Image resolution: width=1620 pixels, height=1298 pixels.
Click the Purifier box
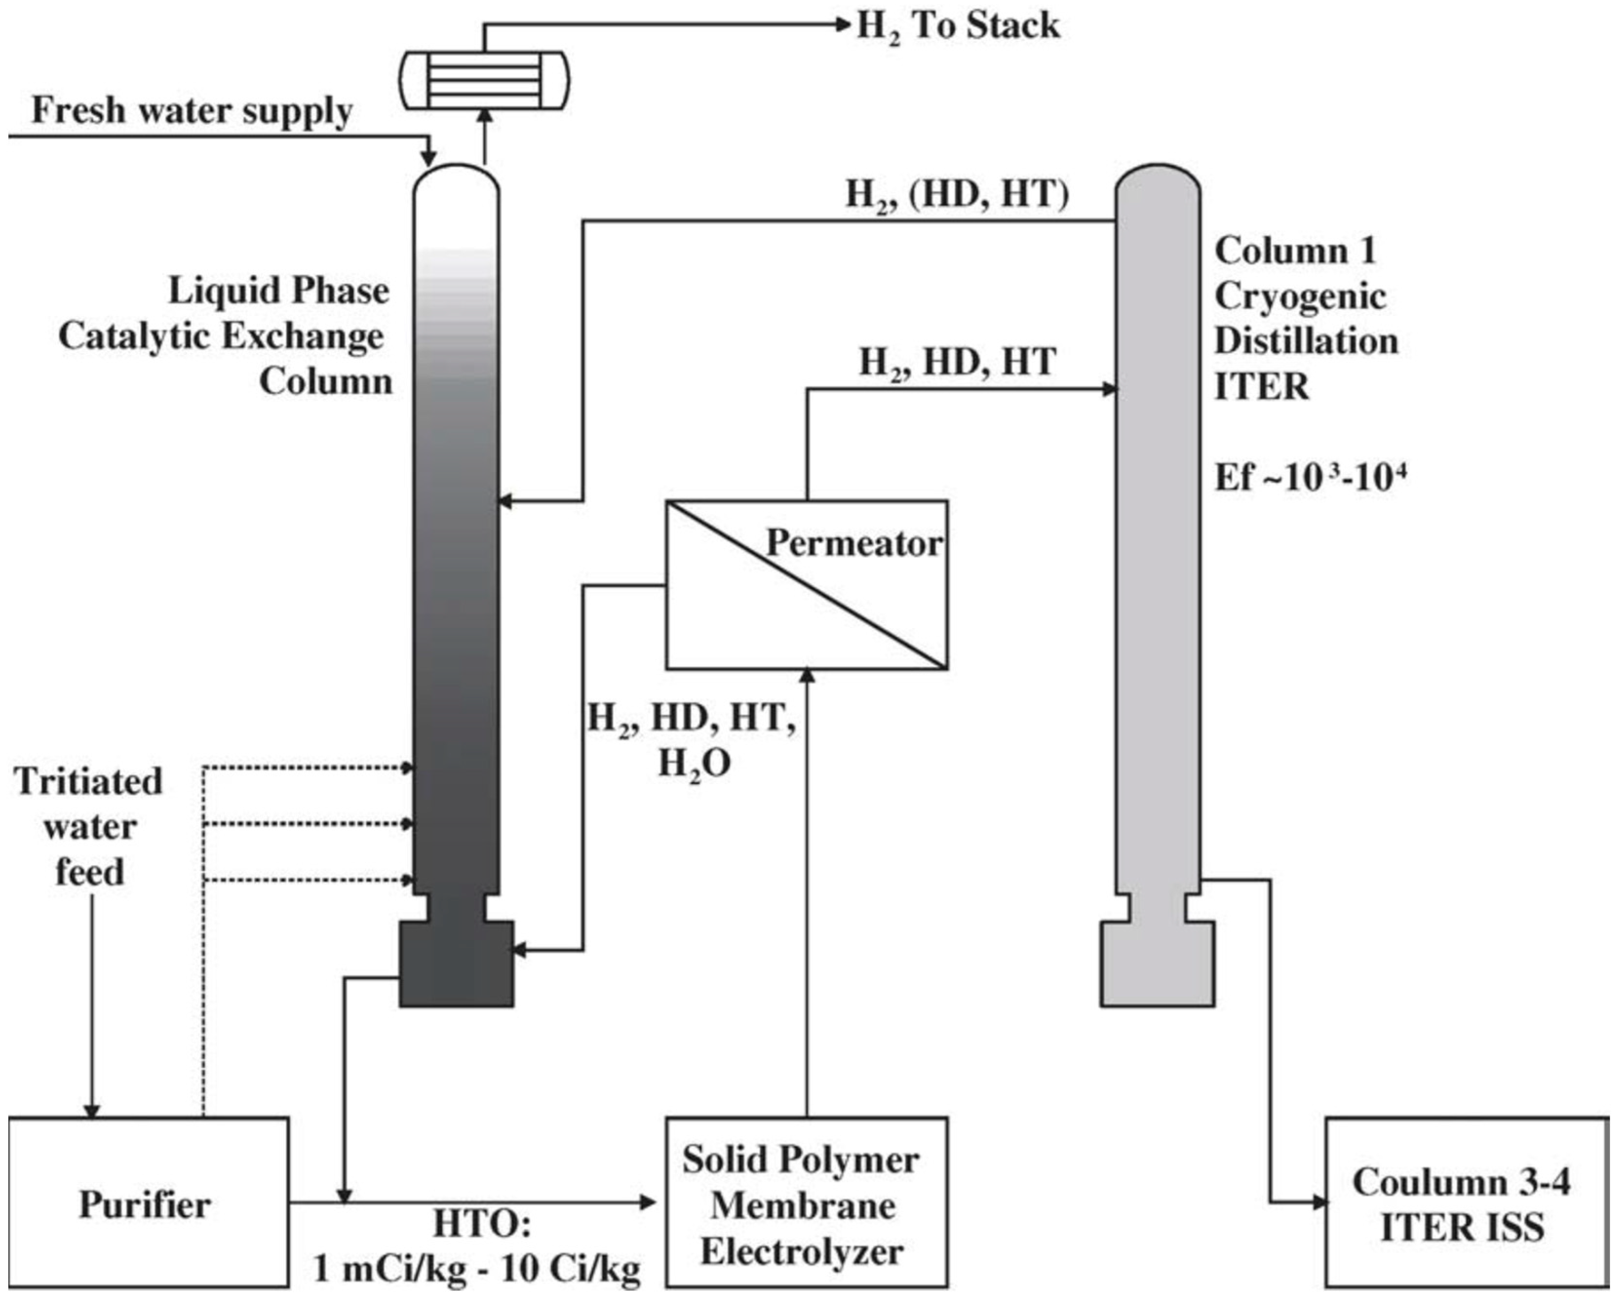pos(148,1202)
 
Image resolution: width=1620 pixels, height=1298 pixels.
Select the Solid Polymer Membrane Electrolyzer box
pos(806,1202)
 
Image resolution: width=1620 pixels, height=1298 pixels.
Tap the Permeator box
pos(806,585)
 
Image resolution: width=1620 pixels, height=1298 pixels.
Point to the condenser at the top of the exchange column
pos(484,79)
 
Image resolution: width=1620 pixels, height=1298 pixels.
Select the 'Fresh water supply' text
pos(192,111)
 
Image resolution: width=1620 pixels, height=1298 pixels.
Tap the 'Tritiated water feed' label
pos(89,827)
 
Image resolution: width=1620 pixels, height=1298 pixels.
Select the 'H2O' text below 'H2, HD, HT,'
pos(694,765)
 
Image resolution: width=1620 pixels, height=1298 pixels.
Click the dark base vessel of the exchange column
pos(456,964)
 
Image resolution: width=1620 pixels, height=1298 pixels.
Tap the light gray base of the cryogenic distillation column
pos(1157,964)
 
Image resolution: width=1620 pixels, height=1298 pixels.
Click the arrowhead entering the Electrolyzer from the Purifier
pos(648,1202)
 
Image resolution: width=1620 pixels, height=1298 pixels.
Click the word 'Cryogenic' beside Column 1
pos(1300,296)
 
